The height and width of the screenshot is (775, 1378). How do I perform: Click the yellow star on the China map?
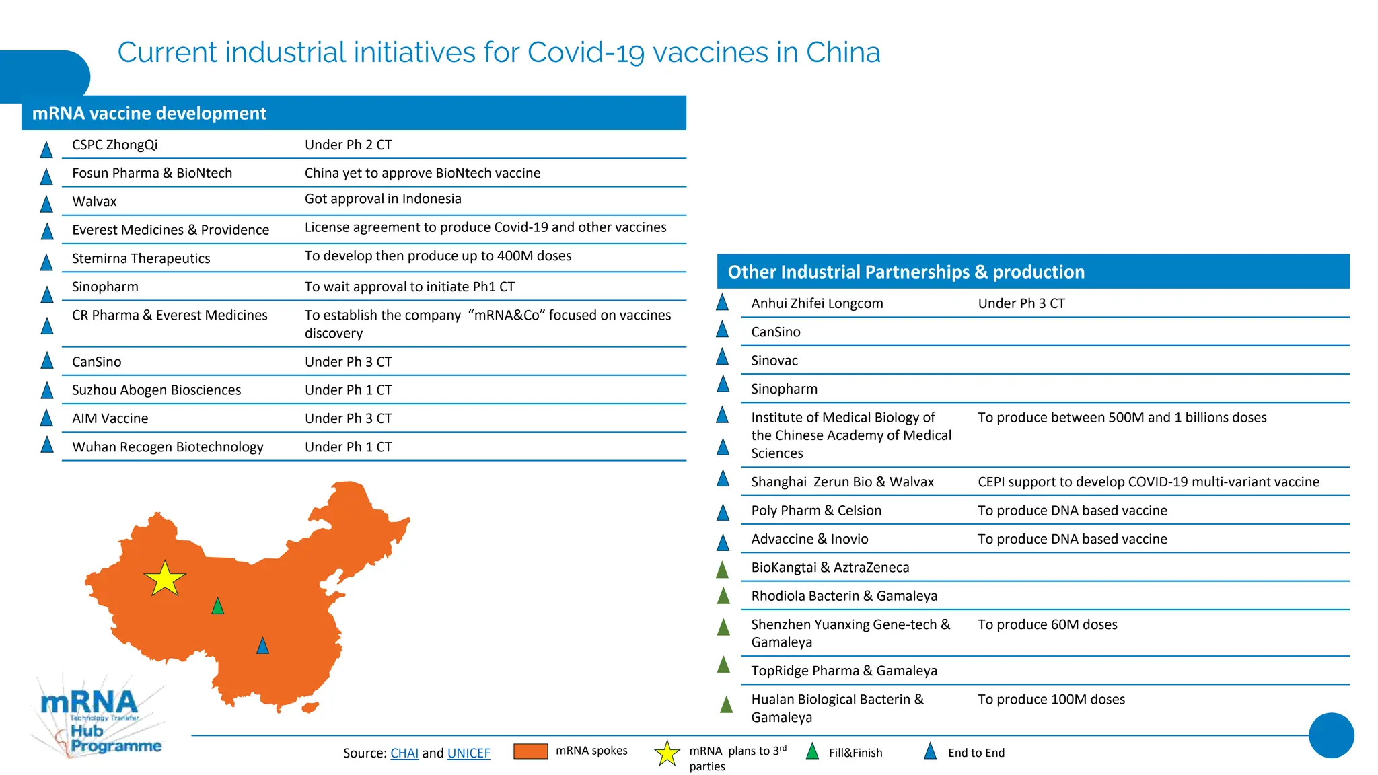coord(164,579)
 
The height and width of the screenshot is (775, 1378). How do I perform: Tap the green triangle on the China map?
coord(217,607)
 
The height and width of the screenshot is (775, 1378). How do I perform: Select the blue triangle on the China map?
coord(262,647)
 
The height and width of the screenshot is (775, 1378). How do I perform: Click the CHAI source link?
coord(404,753)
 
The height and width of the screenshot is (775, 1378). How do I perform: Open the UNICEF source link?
coord(468,753)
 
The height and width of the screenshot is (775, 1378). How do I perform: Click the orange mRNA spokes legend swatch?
coord(530,751)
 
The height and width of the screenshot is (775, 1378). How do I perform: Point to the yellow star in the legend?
coord(667,753)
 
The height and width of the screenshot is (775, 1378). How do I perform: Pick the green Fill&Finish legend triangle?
coord(812,751)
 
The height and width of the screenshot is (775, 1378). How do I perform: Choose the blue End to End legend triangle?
coord(930,751)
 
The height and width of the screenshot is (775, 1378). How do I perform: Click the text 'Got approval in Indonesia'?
coord(383,198)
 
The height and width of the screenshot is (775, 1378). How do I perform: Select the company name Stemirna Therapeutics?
coord(141,258)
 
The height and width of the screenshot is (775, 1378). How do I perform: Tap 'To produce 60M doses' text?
coord(1047,624)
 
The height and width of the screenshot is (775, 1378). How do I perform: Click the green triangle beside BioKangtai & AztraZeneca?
coord(723,570)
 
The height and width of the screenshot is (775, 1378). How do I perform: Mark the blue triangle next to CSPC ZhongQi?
coord(46,149)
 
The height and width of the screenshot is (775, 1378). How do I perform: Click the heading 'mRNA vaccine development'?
coord(149,113)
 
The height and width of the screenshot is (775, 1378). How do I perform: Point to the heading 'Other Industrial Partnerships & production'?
coord(906,272)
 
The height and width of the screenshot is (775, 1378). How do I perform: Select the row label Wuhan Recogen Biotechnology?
coord(168,447)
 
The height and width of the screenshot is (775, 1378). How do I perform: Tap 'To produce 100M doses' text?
coord(1051,699)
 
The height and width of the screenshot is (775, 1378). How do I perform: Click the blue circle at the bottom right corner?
coord(1331,735)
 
